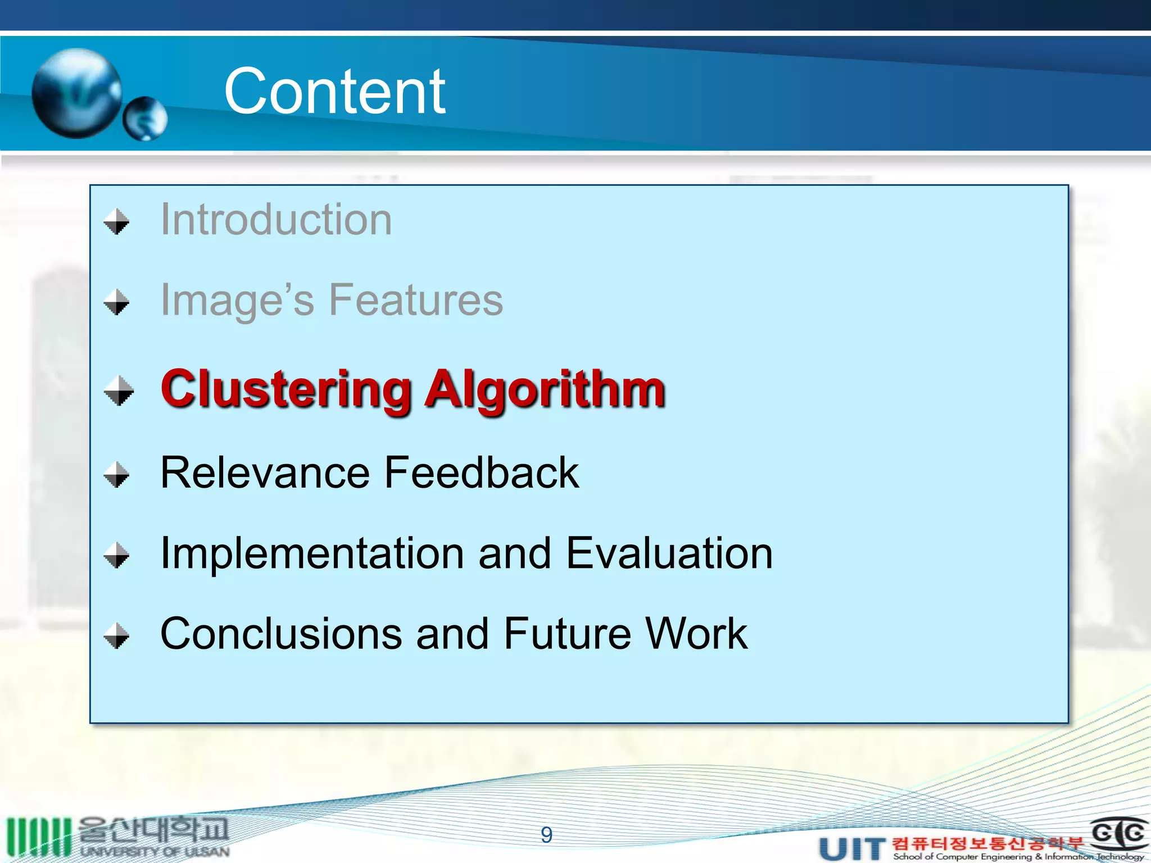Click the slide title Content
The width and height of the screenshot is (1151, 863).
(x=335, y=91)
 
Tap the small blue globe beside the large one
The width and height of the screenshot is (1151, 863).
(x=145, y=119)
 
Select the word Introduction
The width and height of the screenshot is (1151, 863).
(x=276, y=220)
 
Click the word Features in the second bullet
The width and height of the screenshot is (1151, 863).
(x=416, y=300)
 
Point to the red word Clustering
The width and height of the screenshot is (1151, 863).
(x=286, y=389)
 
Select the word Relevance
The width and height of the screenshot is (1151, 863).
(x=265, y=473)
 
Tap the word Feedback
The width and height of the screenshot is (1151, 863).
(x=482, y=473)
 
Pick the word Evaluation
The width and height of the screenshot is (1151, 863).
(x=669, y=553)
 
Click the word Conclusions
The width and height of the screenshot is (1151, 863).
(x=281, y=634)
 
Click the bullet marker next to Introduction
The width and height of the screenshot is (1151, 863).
(x=117, y=221)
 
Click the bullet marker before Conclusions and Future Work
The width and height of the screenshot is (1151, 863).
(x=117, y=635)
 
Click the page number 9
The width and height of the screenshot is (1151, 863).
(x=546, y=835)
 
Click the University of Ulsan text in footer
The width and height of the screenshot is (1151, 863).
(x=155, y=851)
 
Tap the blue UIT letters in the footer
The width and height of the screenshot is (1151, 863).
(x=852, y=848)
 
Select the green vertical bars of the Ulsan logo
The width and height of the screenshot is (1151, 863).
(x=38, y=837)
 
